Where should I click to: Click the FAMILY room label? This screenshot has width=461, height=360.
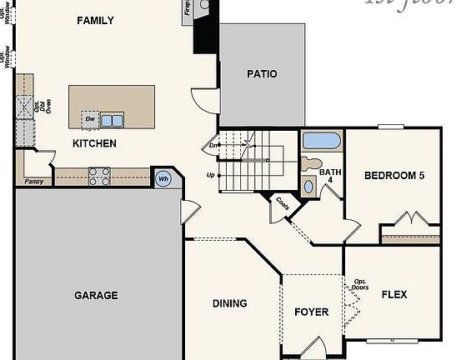[x=95, y=20]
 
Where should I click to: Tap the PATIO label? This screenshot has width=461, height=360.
[x=262, y=74]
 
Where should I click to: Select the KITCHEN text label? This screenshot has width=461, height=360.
[x=94, y=143]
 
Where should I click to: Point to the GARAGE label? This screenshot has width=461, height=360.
[x=96, y=295]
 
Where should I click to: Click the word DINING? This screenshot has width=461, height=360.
[x=229, y=303]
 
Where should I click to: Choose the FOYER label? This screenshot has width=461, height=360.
[x=312, y=312]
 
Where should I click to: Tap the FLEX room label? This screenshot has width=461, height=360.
[x=394, y=294]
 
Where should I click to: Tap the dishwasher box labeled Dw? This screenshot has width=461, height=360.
[x=90, y=120]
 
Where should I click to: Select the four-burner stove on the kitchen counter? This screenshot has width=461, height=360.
[x=100, y=175]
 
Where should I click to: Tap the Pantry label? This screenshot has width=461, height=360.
[x=34, y=181]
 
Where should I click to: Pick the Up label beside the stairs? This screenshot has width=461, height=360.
[x=211, y=175]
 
